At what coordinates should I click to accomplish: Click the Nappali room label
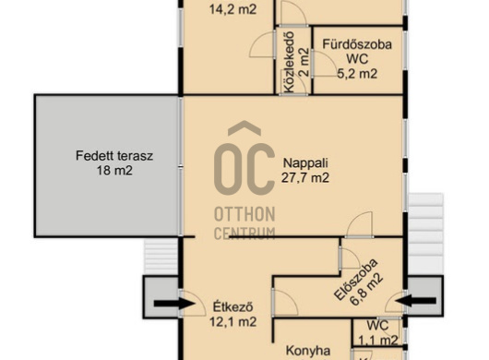coord(305,163)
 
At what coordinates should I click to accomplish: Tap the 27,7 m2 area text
coord(305,178)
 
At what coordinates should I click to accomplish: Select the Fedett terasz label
coord(114,156)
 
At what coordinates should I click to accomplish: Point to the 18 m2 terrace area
coord(114,171)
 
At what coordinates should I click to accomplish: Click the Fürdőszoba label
coord(357,44)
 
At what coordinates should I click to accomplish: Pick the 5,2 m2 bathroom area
coord(357,74)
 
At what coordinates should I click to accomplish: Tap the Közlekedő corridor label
coord(290,63)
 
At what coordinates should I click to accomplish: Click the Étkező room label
coord(233,307)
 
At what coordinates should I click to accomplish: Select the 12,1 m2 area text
coord(233,321)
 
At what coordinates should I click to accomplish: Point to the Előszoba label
coord(355,279)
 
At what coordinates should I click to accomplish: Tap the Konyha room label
coord(308,351)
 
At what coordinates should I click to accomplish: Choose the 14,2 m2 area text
coord(233,9)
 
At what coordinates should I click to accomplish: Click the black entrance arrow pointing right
coord(174,304)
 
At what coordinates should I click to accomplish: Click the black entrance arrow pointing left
coord(415,301)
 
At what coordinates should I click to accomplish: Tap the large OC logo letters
coord(244,170)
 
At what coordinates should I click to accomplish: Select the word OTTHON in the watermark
coord(244,214)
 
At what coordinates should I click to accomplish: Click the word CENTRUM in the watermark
coord(244,234)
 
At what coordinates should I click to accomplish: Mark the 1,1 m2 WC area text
coord(378,340)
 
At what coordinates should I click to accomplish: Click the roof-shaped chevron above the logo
coord(244,128)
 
